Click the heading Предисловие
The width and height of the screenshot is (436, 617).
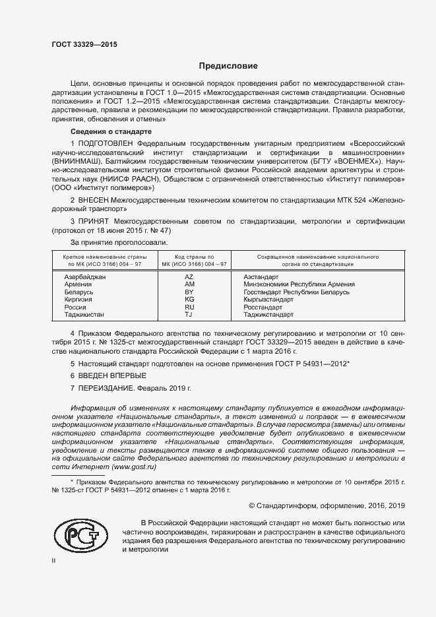(229, 66)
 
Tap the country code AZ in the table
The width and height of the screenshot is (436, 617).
(189, 276)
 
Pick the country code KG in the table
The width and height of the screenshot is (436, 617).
(189, 299)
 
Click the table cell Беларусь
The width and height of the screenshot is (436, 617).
(79, 292)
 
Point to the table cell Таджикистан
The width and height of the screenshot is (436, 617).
(84, 314)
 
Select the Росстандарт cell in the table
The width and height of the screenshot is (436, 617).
(263, 307)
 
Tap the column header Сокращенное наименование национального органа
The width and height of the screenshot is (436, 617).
(317, 259)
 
